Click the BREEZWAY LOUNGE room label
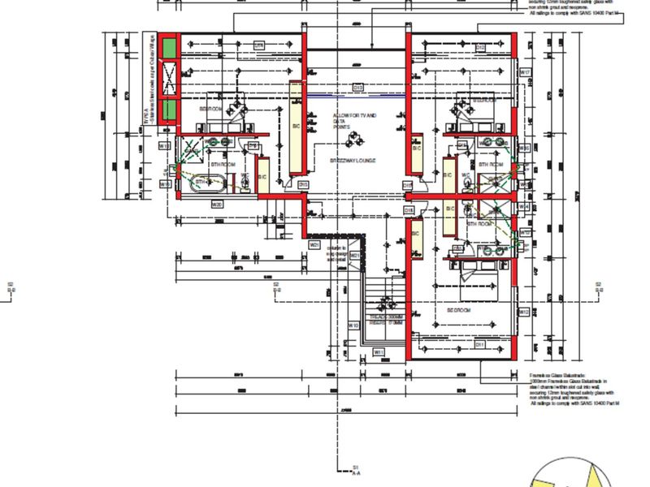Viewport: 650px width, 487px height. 353,162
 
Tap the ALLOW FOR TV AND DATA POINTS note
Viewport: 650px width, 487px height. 355,123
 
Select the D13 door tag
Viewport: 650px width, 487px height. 357,88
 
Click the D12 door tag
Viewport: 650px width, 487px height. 480,47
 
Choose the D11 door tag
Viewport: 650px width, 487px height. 480,344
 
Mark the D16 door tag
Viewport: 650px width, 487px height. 409,210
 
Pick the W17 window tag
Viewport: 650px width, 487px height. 525,73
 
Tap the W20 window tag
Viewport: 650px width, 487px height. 217,205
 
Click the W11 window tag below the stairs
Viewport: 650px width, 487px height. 378,351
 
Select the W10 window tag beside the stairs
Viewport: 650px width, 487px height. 353,325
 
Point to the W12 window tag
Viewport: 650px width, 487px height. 524,312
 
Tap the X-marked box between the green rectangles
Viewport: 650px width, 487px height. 169,79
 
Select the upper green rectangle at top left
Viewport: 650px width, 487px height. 169,49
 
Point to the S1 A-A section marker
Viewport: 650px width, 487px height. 355,470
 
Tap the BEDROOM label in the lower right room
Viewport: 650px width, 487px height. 459,310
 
